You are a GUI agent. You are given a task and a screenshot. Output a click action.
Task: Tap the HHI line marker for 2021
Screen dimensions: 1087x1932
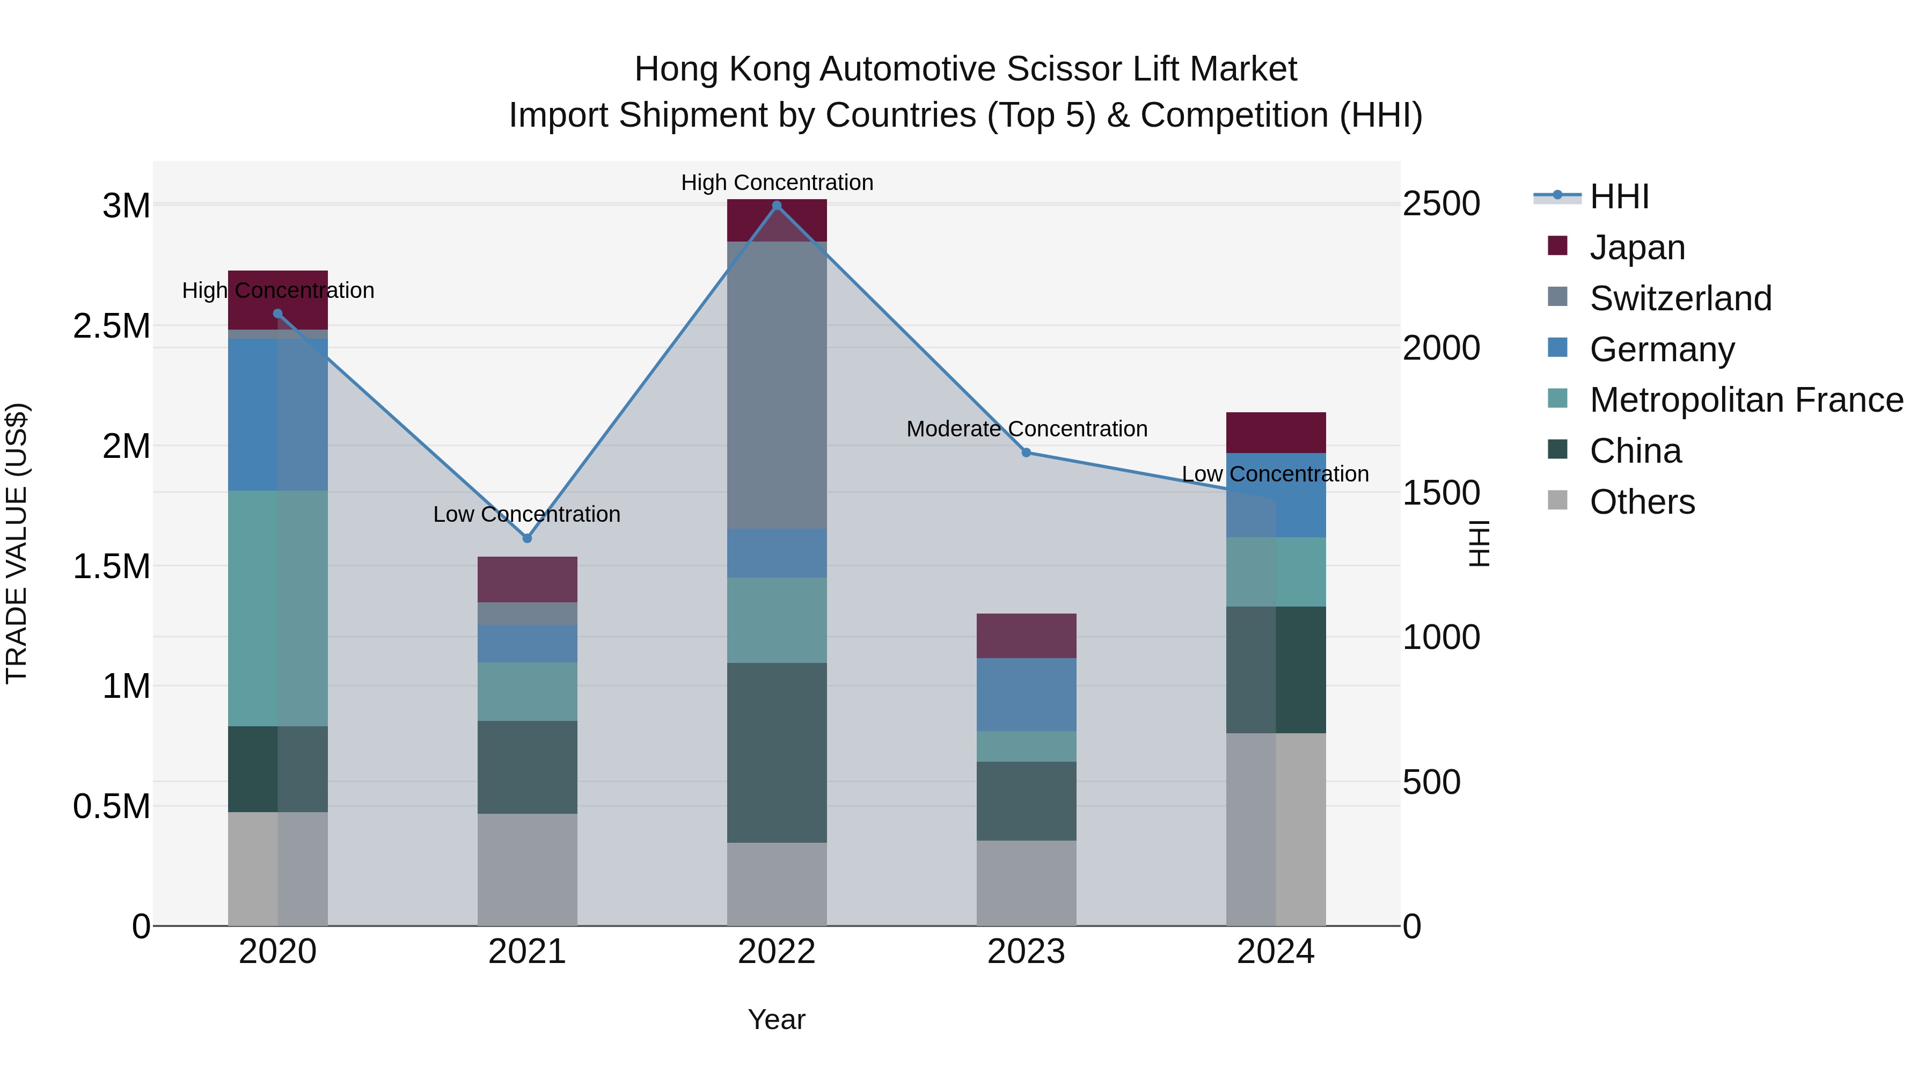pyautogui.click(x=526, y=538)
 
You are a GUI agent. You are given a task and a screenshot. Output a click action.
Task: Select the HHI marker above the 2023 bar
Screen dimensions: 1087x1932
pyautogui.click(x=1026, y=453)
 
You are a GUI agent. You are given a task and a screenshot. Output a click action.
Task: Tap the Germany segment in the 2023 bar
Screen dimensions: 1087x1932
pyautogui.click(x=1026, y=694)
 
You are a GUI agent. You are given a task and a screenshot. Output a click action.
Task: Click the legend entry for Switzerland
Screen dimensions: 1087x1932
pyautogui.click(x=1680, y=298)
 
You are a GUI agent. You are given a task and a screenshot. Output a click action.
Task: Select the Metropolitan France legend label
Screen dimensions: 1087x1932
pyautogui.click(x=1746, y=400)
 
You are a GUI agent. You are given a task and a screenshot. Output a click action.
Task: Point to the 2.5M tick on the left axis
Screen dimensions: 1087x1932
pyautogui.click(x=111, y=326)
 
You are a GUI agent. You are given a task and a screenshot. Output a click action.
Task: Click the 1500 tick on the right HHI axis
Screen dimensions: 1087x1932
pyautogui.click(x=1441, y=493)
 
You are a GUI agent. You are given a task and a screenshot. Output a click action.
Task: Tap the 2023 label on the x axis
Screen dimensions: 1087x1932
pyautogui.click(x=1026, y=952)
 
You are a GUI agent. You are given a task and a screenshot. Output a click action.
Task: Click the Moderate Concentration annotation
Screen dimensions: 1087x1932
pyautogui.click(x=1026, y=429)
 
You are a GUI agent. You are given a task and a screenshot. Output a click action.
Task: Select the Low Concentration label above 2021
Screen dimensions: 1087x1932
pyautogui.click(x=526, y=515)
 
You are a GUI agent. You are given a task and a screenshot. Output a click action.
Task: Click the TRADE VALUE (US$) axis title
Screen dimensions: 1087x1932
pyautogui.click(x=17, y=543)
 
